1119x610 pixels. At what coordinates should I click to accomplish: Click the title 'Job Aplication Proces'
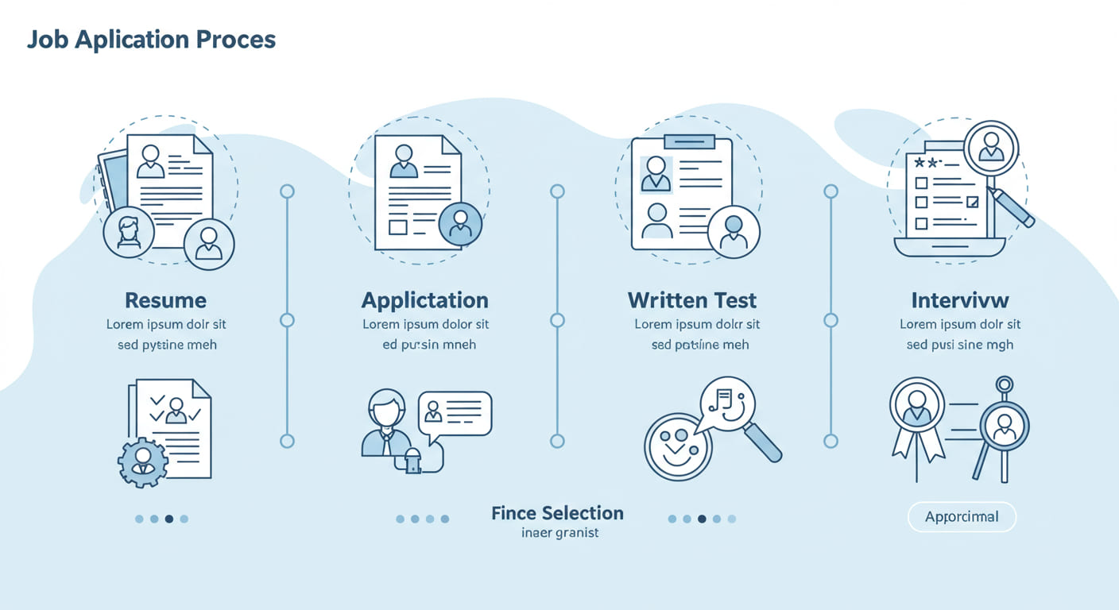(151, 41)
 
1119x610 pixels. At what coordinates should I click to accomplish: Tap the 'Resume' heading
(165, 300)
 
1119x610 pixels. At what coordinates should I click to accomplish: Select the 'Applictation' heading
(424, 300)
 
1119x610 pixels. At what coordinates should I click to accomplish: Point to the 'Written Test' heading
(691, 300)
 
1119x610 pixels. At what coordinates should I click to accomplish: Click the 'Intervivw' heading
(960, 300)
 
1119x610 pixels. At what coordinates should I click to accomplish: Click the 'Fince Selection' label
(557, 513)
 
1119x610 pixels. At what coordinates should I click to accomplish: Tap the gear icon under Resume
(143, 461)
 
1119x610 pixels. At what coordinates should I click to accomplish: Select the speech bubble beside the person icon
(455, 412)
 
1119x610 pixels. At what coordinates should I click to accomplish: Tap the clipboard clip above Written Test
(689, 141)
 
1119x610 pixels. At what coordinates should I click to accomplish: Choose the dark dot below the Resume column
(168, 519)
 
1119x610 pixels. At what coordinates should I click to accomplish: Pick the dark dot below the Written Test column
(702, 519)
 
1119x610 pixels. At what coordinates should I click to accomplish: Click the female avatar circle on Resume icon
(129, 232)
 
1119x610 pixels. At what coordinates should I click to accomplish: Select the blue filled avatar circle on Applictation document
(460, 223)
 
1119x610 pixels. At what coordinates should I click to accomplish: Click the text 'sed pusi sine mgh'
(959, 345)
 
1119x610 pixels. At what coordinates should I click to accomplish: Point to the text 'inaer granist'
(559, 533)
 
